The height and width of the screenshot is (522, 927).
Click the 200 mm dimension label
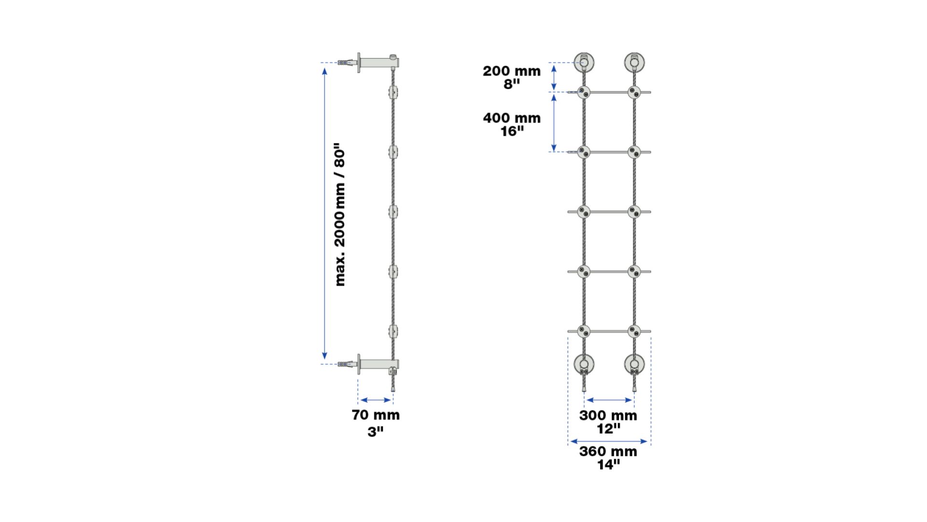[x=511, y=71]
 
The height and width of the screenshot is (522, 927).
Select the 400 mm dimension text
[x=512, y=118]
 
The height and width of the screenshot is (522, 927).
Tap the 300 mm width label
[x=608, y=415]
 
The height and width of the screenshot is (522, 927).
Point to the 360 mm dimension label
[x=608, y=451]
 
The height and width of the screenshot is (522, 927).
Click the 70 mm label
[x=376, y=415]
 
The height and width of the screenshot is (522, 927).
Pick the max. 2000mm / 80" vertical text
[x=340, y=214]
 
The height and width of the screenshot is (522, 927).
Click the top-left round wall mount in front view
[x=584, y=62]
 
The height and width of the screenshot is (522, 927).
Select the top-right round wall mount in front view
[x=634, y=62]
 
